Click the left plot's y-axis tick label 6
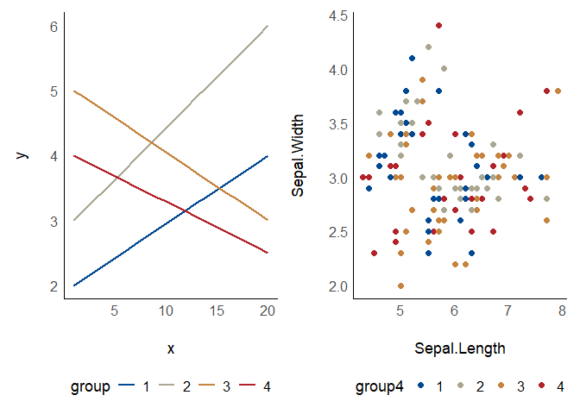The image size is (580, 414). click(x=54, y=27)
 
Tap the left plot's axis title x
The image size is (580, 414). click(x=171, y=348)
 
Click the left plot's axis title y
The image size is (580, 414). click(x=23, y=156)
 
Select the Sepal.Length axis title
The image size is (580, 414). click(x=459, y=348)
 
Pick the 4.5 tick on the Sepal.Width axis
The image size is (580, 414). click(x=338, y=16)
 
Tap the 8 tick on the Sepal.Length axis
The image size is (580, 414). click(x=562, y=310)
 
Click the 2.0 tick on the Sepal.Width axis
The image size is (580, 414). click(x=338, y=285)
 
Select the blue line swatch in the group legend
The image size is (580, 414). click(x=128, y=387)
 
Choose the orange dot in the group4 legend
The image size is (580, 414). click(x=501, y=387)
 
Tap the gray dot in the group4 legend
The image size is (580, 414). click(x=460, y=387)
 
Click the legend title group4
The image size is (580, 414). click(x=380, y=387)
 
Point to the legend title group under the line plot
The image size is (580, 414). click(x=90, y=387)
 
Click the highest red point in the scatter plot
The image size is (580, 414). click(x=438, y=26)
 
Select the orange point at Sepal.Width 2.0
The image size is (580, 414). click(x=400, y=285)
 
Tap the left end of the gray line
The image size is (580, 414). click(x=74, y=220)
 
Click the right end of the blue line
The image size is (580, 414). click(x=268, y=156)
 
